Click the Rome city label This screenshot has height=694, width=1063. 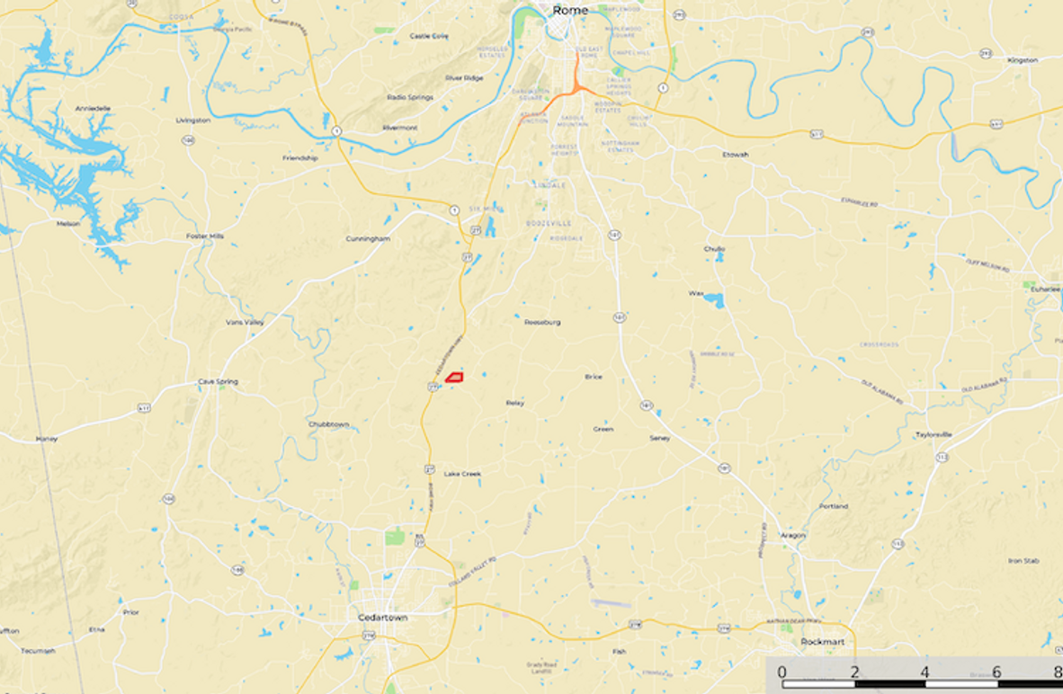(569, 10)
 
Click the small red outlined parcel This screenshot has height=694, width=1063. (457, 377)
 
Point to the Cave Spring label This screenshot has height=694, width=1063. (218, 382)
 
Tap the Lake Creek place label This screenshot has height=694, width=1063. (462, 474)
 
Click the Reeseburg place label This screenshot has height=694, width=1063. (542, 321)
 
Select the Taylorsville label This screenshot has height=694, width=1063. (933, 434)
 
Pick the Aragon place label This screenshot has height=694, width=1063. (793, 535)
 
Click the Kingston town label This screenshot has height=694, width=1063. (1023, 60)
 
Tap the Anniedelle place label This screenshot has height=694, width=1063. (93, 108)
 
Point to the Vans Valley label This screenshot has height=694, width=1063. (245, 322)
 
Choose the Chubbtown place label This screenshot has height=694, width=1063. (328, 423)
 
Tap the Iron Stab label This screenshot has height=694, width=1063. (1023, 560)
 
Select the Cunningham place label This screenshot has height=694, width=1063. (368, 239)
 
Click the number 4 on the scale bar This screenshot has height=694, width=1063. (925, 672)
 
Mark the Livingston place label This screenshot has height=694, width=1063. (192, 120)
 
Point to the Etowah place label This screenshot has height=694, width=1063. (735, 155)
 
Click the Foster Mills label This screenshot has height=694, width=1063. (204, 236)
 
